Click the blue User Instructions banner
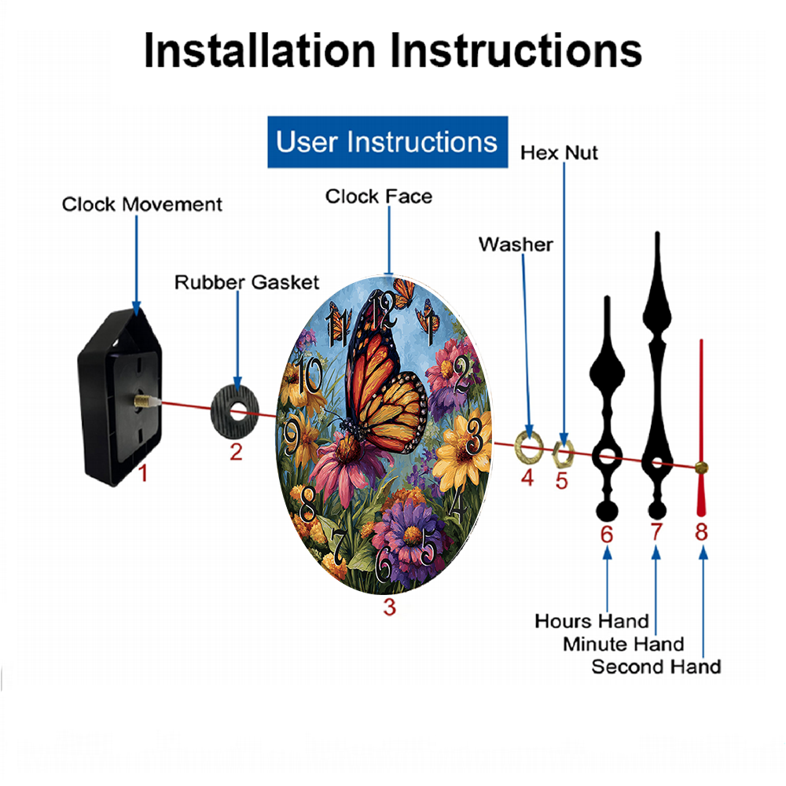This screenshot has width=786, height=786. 387,141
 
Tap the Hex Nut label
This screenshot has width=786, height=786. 559,153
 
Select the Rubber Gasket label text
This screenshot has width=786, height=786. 247,282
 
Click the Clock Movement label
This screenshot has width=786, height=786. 141,204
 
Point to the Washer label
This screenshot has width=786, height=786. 516,244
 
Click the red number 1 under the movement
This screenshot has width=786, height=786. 143,473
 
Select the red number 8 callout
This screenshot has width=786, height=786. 701,532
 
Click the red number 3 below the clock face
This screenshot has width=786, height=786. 390,607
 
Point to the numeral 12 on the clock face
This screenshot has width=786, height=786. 384,310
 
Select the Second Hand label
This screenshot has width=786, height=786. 656,667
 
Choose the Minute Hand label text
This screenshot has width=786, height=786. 623,644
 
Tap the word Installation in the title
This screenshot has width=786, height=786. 259,50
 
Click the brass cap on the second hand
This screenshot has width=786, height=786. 701,468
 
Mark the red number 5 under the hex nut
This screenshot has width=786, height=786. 561,481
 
